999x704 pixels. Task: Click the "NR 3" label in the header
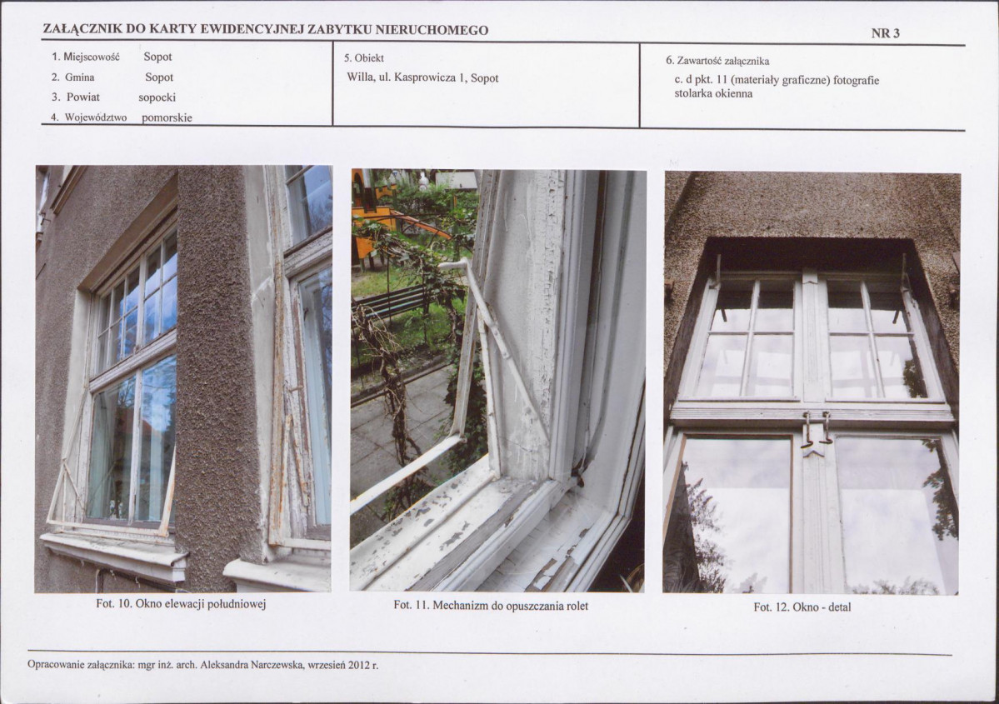click(x=885, y=33)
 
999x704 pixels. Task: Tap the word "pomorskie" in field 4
click(x=167, y=117)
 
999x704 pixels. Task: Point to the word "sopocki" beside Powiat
click(x=157, y=97)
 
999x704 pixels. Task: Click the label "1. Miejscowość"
click(x=85, y=57)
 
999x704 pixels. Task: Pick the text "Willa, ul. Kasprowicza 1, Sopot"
click(x=422, y=77)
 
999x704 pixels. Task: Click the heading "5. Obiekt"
click(x=364, y=58)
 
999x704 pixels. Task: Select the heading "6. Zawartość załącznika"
click(x=717, y=61)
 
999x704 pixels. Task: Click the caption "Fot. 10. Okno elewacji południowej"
click(x=181, y=603)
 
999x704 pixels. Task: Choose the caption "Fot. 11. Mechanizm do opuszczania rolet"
click(x=491, y=605)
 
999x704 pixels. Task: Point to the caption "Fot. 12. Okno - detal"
click(x=802, y=607)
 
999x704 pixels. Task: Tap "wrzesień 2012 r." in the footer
click(x=343, y=665)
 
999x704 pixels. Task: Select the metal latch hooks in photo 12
click(x=817, y=428)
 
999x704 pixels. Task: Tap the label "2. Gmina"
click(x=73, y=77)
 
